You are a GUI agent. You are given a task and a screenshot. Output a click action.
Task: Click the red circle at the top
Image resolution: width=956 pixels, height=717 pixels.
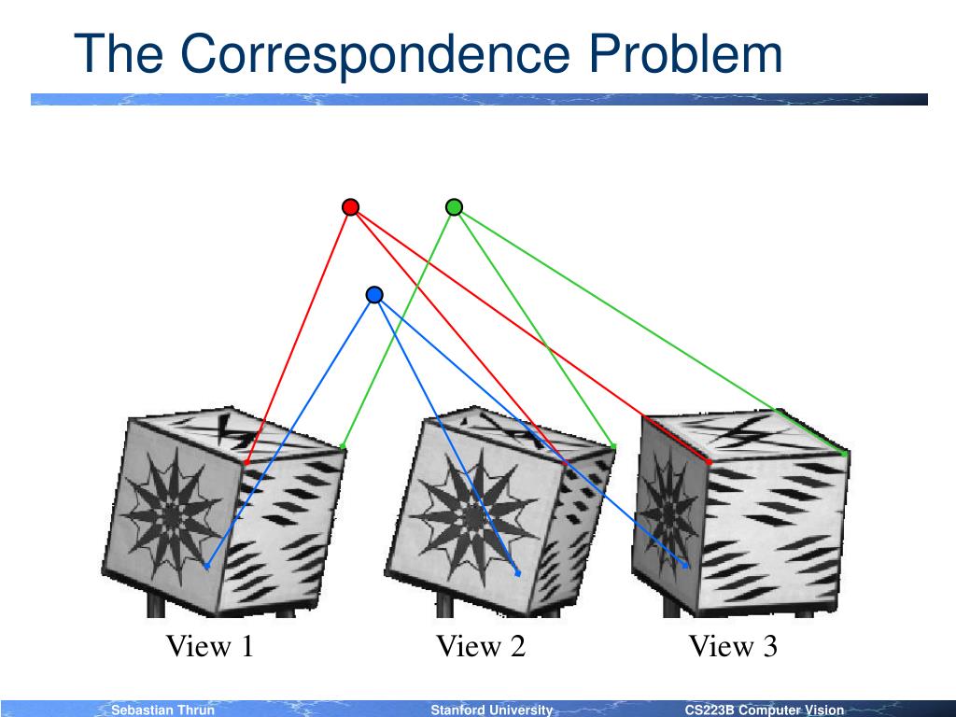(x=350, y=207)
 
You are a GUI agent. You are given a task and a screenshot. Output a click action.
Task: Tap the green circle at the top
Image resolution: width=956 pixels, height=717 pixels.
(x=454, y=207)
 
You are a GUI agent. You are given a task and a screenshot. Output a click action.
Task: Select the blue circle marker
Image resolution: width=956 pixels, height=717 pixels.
(x=374, y=295)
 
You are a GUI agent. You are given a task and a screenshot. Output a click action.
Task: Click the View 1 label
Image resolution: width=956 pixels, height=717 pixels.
(x=210, y=646)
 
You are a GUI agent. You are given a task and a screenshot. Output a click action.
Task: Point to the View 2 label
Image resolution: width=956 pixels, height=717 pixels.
(x=481, y=646)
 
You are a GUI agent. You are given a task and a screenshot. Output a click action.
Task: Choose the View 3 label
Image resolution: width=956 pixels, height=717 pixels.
(x=733, y=646)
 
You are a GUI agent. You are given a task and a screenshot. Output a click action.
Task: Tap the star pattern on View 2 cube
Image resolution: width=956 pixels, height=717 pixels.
(x=468, y=512)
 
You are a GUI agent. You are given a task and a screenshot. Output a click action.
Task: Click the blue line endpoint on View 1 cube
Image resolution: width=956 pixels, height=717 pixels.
(x=206, y=567)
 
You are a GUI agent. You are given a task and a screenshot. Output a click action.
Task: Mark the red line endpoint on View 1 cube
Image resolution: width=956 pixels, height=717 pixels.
(x=246, y=461)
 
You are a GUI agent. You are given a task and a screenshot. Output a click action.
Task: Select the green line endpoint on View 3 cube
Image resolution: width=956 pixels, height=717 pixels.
(x=845, y=454)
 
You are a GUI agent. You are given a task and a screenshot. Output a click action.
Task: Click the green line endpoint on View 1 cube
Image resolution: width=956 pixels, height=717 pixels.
(x=344, y=447)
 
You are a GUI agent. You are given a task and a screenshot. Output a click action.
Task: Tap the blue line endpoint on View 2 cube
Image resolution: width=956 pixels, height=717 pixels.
(x=517, y=573)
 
